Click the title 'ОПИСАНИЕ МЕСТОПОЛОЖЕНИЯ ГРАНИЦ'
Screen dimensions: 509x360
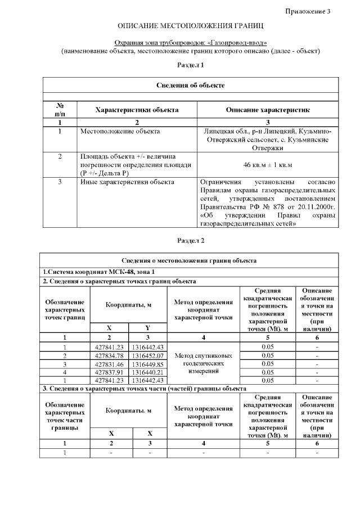click(x=191, y=26)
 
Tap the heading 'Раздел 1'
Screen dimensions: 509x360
click(x=191, y=65)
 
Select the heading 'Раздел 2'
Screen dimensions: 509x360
click(x=191, y=240)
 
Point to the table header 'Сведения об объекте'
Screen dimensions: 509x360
click(x=191, y=85)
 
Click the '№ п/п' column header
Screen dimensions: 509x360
click(x=60, y=110)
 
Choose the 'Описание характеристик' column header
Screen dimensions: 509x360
click(x=267, y=110)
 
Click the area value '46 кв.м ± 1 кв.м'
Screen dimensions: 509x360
click(x=267, y=165)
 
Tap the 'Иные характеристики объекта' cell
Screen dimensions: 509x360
click(x=127, y=182)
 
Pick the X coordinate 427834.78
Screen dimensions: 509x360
click(x=110, y=355)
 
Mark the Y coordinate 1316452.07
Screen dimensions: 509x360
click(x=148, y=355)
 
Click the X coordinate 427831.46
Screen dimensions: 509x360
click(x=110, y=364)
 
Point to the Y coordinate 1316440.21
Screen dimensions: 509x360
click(x=148, y=372)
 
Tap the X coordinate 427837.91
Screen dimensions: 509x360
click(x=110, y=372)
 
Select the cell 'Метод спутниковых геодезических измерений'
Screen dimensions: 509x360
click(x=203, y=364)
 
